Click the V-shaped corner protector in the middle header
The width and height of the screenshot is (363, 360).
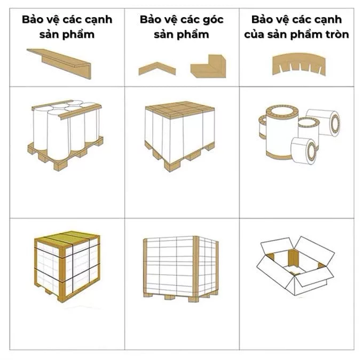click(154, 68)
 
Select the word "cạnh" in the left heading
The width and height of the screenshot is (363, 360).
click(98, 20)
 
